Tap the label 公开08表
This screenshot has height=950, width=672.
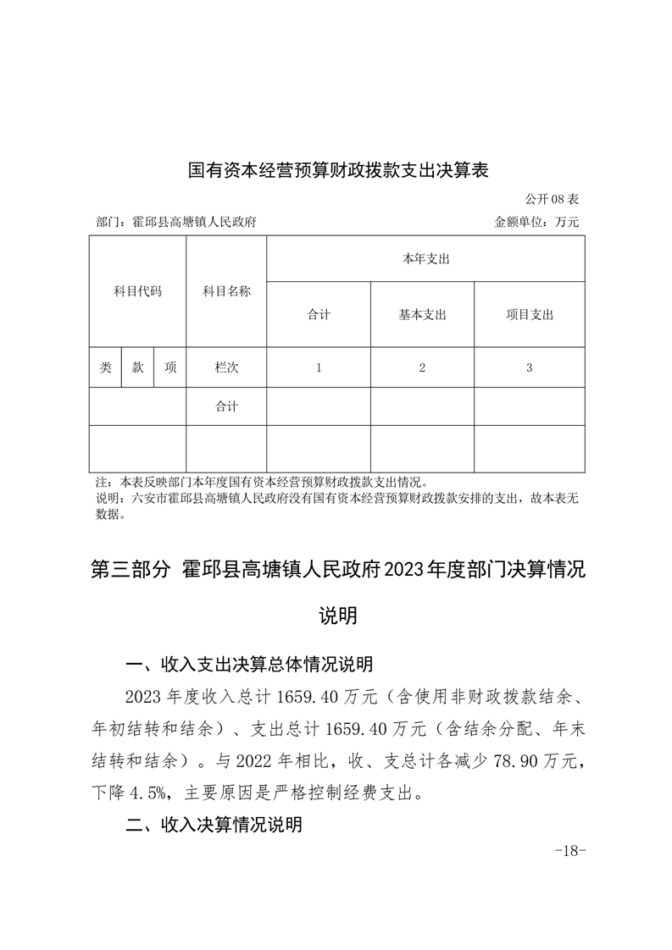pyautogui.click(x=551, y=200)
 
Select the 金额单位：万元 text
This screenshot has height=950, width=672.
pyautogui.click(x=536, y=223)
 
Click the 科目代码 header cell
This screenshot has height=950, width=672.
pyautogui.click(x=137, y=291)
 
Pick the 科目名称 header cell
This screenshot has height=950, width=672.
pyautogui.click(x=226, y=291)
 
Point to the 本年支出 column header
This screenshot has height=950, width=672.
pyautogui.click(x=425, y=259)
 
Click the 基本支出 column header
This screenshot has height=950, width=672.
pyautogui.click(x=422, y=315)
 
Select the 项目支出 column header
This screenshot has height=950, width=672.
pyautogui.click(x=530, y=315)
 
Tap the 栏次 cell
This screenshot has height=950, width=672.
pyautogui.click(x=226, y=367)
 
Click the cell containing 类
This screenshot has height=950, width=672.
pyautogui.click(x=105, y=367)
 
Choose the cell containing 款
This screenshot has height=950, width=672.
pyautogui.click(x=137, y=367)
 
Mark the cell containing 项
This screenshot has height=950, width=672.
pyautogui.click(x=170, y=367)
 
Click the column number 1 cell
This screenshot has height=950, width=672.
pyautogui.click(x=319, y=367)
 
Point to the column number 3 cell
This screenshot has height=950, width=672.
pyautogui.click(x=530, y=367)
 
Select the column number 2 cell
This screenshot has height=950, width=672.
pyautogui.click(x=422, y=367)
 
